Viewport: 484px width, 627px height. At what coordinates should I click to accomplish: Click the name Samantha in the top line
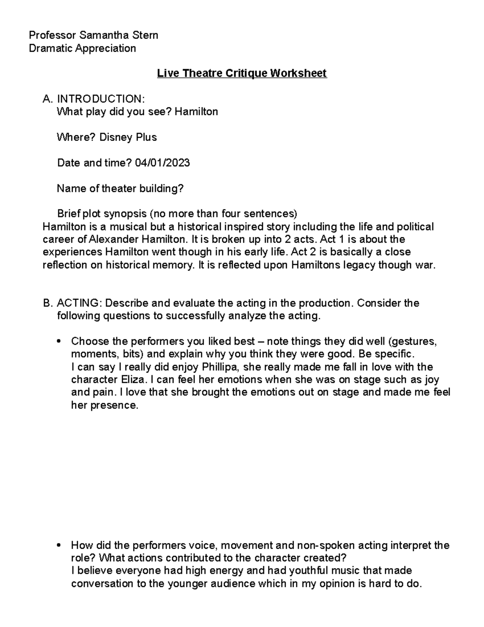click(106, 36)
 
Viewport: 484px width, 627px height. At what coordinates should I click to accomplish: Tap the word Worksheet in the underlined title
click(298, 73)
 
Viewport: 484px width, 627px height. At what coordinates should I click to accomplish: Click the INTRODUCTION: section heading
click(100, 99)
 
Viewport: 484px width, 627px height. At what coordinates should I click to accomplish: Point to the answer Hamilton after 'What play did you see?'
click(199, 111)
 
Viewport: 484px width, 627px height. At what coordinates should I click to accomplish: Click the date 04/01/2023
click(162, 163)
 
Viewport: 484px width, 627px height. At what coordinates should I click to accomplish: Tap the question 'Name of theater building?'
click(120, 189)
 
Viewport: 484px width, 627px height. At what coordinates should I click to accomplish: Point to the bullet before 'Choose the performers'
click(59, 342)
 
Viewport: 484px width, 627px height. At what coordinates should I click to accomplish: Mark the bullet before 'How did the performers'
click(59, 546)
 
